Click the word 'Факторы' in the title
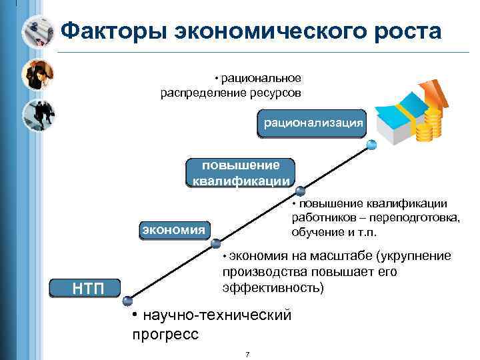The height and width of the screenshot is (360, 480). [111, 31]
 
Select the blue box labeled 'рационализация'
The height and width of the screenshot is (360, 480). [313, 123]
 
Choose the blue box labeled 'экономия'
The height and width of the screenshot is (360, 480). [173, 230]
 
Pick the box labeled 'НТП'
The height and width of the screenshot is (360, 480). [85, 287]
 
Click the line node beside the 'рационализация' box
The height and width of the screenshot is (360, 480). [371, 143]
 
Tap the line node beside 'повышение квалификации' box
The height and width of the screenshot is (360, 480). [300, 190]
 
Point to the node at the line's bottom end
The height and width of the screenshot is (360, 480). [128, 301]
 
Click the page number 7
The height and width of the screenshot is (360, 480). [247, 353]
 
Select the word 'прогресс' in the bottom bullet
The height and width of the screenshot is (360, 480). [165, 334]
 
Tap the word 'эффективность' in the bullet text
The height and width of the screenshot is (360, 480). [271, 288]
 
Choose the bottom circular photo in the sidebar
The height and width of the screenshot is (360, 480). [38, 115]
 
